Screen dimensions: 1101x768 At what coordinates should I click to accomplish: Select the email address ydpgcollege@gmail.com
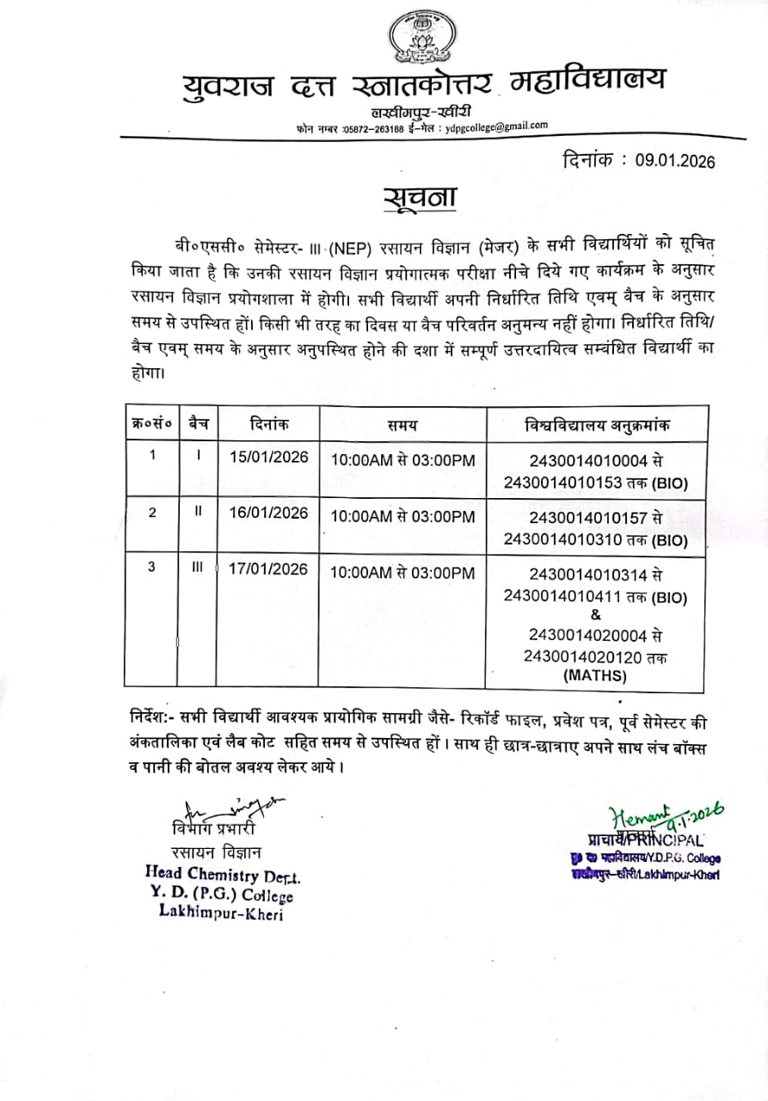[496, 126]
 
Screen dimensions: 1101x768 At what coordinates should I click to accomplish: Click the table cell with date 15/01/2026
[268, 457]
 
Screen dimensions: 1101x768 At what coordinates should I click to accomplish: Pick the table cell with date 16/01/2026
[268, 514]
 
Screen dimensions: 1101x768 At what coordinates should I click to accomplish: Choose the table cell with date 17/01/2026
[268, 570]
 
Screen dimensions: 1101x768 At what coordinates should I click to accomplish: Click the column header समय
[402, 423]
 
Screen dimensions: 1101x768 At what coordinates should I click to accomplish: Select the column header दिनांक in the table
[269, 423]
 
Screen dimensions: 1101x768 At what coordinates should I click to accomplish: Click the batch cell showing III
[197, 569]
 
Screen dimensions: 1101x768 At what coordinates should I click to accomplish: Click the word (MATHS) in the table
[595, 676]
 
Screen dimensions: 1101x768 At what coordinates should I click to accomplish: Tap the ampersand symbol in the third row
[596, 614]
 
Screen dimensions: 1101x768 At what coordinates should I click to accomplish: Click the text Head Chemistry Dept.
[223, 876]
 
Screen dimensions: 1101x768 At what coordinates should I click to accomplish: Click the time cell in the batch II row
[402, 517]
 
